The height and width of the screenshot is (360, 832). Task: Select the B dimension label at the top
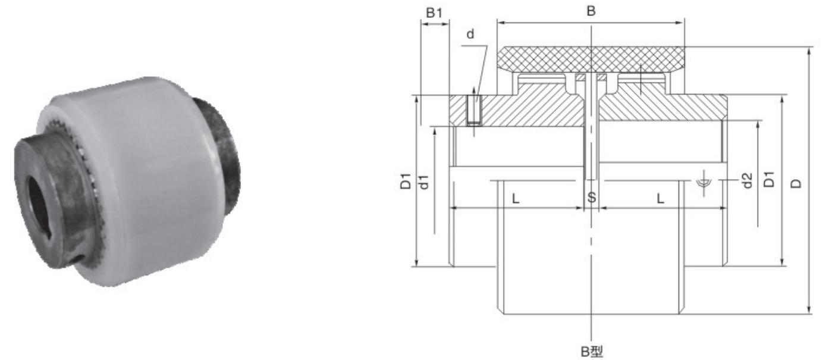click(591, 11)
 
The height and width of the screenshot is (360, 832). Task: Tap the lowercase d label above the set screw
click(471, 35)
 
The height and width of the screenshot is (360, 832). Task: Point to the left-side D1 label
click(406, 181)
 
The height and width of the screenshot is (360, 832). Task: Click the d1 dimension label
click(424, 181)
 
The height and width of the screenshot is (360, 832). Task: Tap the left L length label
click(516, 198)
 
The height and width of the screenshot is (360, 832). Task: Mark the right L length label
click(660, 198)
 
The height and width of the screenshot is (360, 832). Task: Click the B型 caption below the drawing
click(592, 351)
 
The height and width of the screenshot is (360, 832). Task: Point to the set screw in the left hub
click(473, 111)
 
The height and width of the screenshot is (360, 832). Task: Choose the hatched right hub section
click(660, 110)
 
